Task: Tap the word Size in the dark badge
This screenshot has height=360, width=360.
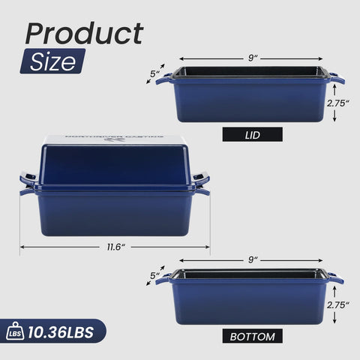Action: point(52,61)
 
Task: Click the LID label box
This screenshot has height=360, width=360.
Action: point(253,135)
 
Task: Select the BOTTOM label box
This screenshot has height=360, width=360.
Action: point(253,335)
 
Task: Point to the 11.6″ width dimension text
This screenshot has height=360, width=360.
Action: point(115,247)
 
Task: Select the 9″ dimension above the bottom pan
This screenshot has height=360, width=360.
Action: point(253,259)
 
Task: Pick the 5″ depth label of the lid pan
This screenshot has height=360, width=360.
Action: point(155,73)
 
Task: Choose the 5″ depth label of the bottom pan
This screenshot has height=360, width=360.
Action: point(155,276)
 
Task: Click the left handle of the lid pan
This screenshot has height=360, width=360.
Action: point(163,79)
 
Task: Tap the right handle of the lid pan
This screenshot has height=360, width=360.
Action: point(337,78)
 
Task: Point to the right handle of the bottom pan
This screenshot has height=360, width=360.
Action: point(335,280)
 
